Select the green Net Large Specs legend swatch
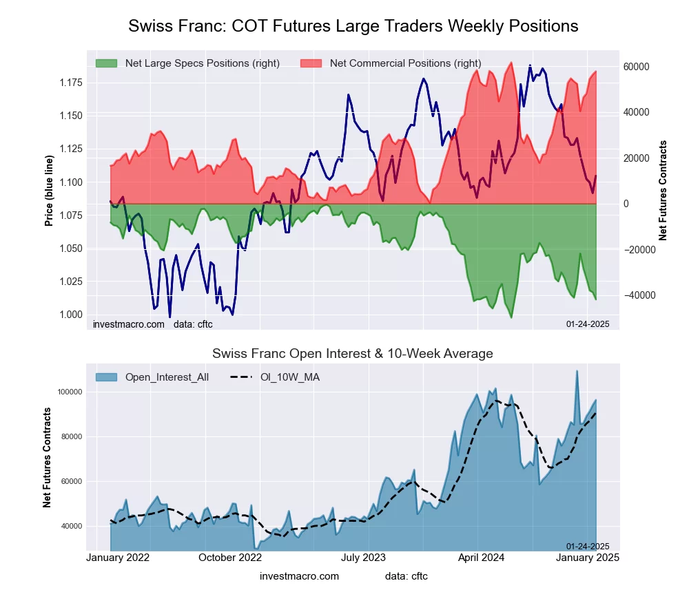(x=106, y=63)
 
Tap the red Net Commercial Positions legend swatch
(x=311, y=63)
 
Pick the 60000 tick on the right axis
(x=637, y=67)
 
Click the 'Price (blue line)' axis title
(x=49, y=191)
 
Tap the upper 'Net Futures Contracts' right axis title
(x=663, y=190)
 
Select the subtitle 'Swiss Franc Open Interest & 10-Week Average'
(x=353, y=354)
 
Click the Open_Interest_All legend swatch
(x=106, y=377)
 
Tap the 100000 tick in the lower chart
(x=69, y=392)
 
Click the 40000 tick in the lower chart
(x=71, y=526)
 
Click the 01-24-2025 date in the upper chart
(x=588, y=324)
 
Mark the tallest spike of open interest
(x=577, y=371)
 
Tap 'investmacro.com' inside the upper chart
(x=129, y=324)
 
